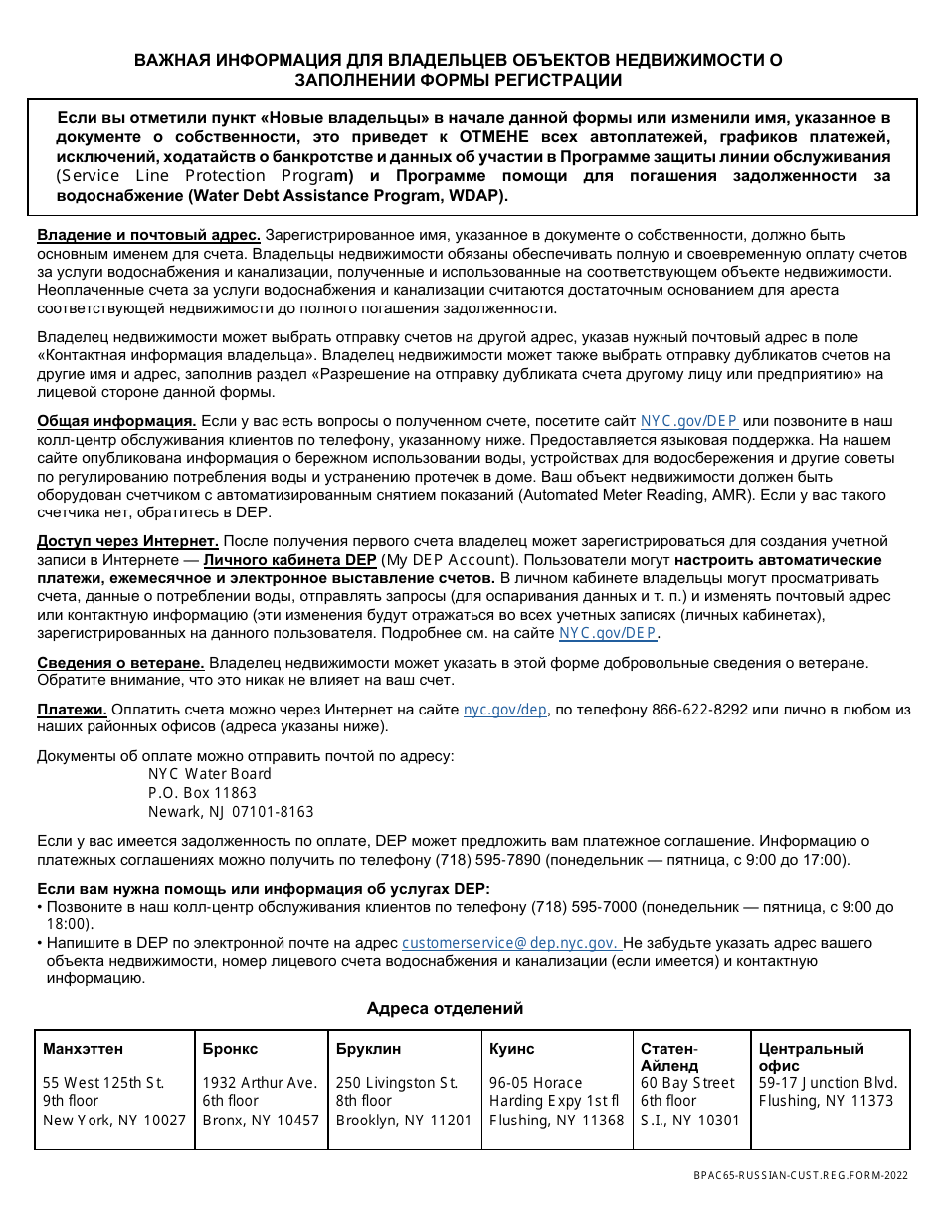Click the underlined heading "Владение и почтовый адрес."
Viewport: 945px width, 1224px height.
point(149,236)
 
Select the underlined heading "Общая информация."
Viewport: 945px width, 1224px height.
point(116,420)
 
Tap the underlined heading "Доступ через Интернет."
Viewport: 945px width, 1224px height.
point(128,541)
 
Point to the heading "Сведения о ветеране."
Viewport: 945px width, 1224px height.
point(121,663)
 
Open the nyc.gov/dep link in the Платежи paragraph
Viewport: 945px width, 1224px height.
point(505,710)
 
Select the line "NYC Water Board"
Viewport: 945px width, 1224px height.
point(209,774)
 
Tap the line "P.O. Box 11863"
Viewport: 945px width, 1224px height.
point(202,793)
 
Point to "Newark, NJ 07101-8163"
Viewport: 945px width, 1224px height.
point(231,812)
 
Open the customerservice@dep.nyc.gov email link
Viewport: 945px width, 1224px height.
point(511,943)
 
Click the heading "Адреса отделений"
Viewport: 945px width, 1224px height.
point(445,1008)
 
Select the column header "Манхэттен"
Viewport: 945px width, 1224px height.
point(84,1049)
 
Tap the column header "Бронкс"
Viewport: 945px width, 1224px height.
point(230,1049)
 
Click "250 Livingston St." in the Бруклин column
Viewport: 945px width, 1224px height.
point(397,1083)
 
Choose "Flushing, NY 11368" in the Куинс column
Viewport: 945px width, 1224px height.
point(556,1120)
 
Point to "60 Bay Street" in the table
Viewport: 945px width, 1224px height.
point(687,1083)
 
